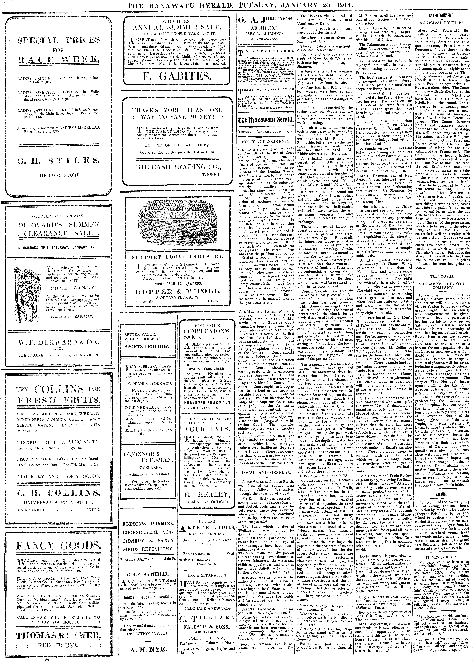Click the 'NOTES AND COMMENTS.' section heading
265,141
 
